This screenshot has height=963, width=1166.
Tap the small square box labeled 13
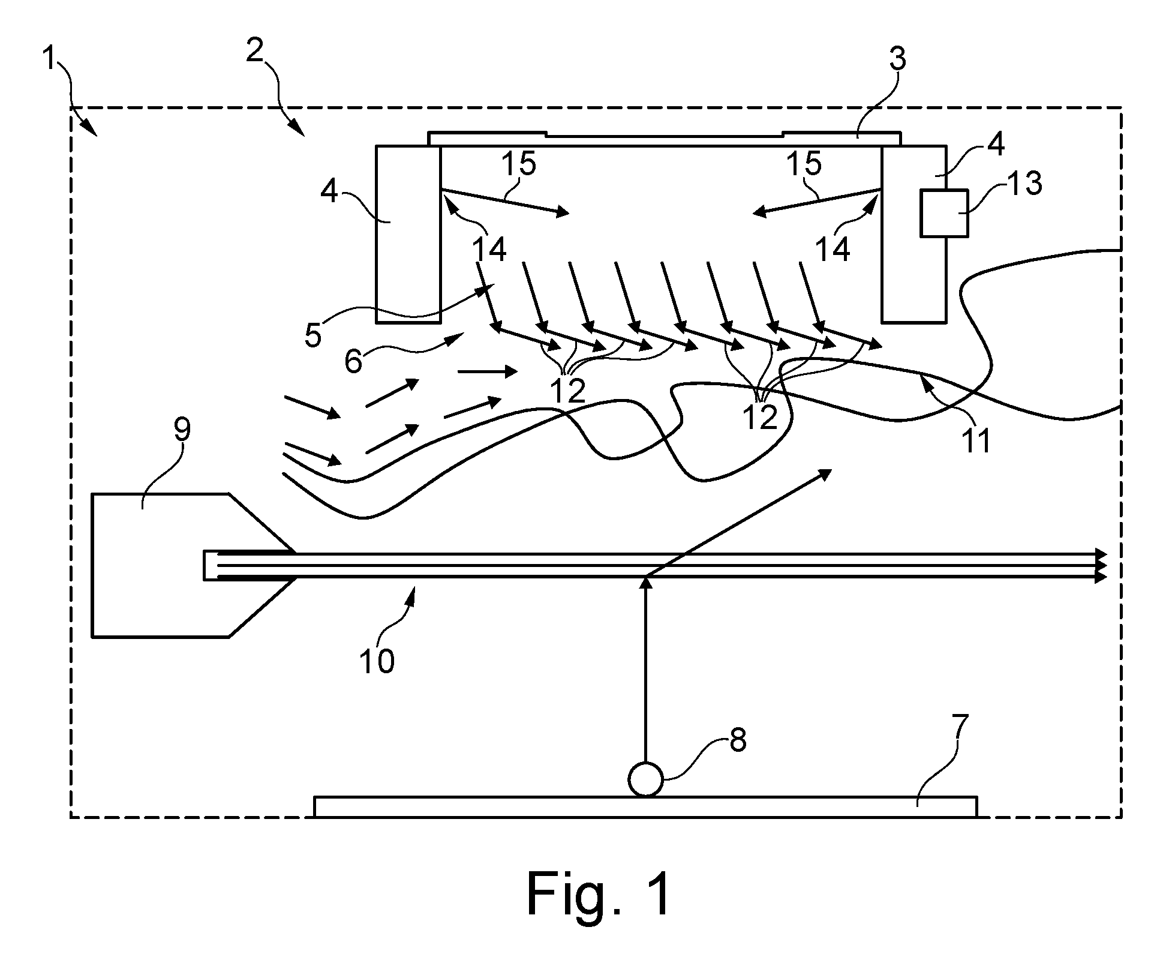click(944, 213)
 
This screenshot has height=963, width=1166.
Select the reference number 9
click(182, 429)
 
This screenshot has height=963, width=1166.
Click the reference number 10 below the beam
click(377, 661)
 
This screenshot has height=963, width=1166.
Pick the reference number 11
click(975, 439)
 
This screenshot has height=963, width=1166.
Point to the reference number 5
click(312, 336)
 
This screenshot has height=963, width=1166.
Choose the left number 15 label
click(519, 163)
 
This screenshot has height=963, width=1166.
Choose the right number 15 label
click(804, 163)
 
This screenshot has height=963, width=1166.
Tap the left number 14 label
click(489, 248)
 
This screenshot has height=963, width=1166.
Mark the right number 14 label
click(833, 248)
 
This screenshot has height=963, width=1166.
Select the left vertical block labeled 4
click(408, 234)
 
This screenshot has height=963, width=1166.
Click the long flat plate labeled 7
click(645, 806)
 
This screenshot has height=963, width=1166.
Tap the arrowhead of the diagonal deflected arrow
click(828, 473)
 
